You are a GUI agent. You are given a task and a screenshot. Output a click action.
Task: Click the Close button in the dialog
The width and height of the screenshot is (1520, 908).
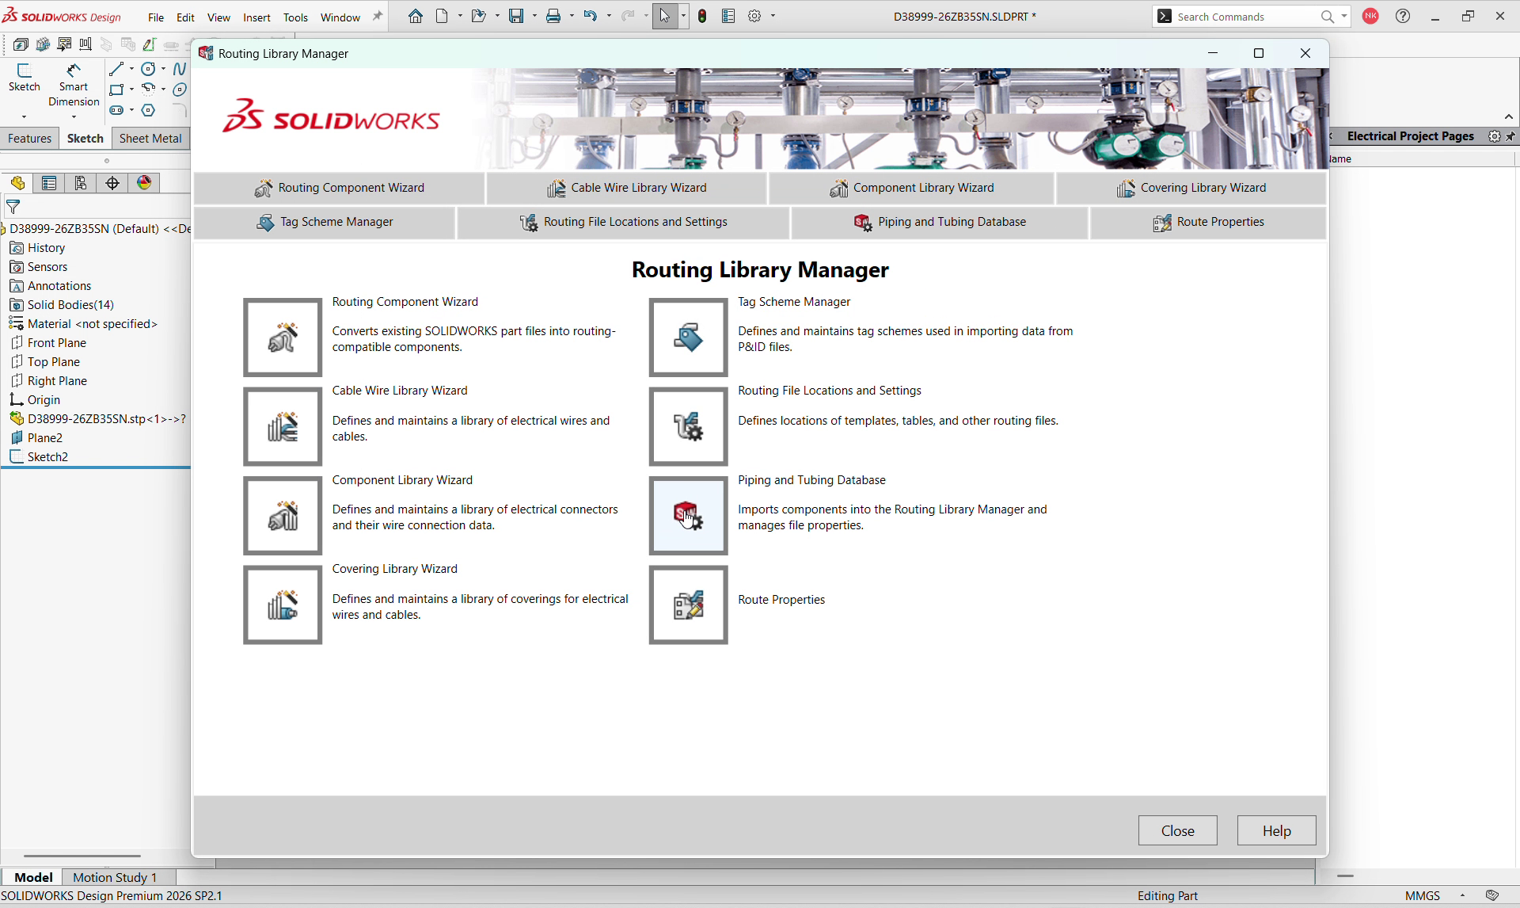click(1177, 830)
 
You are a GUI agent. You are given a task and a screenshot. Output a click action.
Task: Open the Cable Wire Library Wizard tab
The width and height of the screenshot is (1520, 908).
click(626, 188)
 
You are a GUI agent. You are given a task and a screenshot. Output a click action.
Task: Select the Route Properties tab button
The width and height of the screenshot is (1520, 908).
click(1208, 223)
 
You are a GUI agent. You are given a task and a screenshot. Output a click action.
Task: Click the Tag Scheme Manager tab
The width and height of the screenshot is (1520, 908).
click(325, 223)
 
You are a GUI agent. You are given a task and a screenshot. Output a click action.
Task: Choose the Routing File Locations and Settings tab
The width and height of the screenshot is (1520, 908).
click(623, 223)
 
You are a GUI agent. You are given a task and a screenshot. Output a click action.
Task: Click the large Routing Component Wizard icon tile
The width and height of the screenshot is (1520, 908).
click(283, 338)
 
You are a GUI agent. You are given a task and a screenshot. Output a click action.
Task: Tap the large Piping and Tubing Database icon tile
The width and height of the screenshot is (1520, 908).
click(688, 516)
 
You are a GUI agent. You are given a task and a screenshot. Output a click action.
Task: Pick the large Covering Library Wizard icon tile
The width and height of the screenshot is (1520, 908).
click(283, 605)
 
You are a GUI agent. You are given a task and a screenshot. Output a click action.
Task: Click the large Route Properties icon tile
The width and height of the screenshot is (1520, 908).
click(688, 605)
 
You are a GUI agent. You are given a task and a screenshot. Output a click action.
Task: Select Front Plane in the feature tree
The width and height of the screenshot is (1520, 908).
click(56, 343)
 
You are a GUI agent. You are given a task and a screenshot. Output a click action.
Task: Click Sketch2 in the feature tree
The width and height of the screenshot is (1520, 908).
click(47, 457)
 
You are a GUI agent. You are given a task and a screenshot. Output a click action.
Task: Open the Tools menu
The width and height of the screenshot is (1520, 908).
click(295, 17)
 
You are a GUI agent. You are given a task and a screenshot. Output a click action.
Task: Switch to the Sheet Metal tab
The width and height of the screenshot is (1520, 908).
click(150, 139)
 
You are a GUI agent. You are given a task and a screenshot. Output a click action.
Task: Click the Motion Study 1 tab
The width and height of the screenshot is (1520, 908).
click(115, 877)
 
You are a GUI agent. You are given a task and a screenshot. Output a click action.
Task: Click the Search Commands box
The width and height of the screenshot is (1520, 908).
click(1243, 17)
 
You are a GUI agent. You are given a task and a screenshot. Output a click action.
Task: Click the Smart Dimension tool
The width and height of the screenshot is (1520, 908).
click(74, 86)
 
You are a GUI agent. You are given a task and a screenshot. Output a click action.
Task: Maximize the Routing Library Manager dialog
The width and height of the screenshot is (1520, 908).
click(1259, 54)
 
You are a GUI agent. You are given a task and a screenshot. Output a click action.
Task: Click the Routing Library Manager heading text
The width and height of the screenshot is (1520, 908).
click(760, 270)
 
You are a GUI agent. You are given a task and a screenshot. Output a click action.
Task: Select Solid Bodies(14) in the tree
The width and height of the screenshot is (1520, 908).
click(70, 305)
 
